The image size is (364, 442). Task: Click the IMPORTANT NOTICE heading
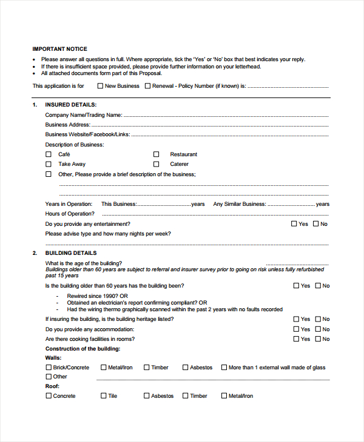[x=59, y=49]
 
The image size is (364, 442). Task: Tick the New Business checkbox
[x=101, y=86]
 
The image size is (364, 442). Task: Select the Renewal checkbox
[x=147, y=86]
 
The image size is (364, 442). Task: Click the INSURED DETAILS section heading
[x=70, y=105]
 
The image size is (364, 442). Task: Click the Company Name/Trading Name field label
[x=84, y=114]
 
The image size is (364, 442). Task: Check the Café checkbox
[x=49, y=154]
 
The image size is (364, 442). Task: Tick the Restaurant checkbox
[x=156, y=154]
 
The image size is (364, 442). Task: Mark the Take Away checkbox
[x=49, y=164]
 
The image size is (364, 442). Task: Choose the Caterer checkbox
[x=156, y=164]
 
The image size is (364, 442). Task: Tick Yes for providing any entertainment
[x=295, y=224]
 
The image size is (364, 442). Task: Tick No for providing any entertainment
[x=315, y=224]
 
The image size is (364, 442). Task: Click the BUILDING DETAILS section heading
[x=71, y=253]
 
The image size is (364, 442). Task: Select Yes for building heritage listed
[x=296, y=319]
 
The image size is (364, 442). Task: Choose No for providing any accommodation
[x=317, y=329]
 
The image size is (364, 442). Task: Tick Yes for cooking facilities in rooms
[x=296, y=339]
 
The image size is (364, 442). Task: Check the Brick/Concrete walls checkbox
[x=49, y=367]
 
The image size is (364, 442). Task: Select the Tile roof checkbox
[x=104, y=396]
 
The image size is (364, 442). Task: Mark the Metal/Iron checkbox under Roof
[x=224, y=396]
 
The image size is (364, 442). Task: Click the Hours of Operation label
[x=70, y=214]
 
